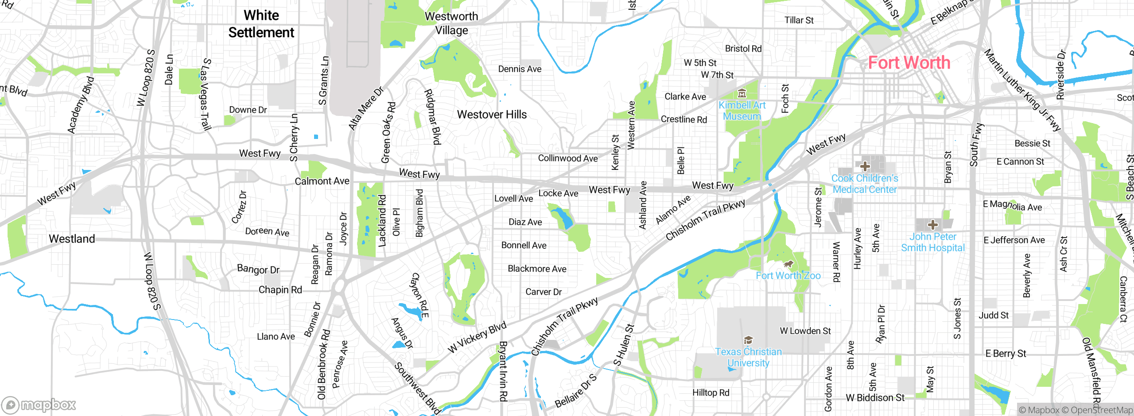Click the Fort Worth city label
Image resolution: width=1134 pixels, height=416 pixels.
(x=909, y=63)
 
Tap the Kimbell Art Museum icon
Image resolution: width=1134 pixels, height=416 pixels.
(x=742, y=93)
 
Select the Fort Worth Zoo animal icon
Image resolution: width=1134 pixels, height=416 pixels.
(x=788, y=264)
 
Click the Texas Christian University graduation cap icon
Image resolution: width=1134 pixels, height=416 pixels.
(x=748, y=340)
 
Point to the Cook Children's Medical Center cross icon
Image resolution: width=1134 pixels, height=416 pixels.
(x=865, y=166)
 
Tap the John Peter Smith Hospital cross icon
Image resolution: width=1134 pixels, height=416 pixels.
(x=932, y=225)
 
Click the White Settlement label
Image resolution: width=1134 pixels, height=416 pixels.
(x=261, y=24)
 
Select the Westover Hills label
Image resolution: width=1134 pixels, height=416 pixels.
(x=492, y=115)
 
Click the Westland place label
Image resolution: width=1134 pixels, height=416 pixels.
(x=72, y=239)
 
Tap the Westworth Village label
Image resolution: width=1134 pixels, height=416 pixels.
(x=451, y=23)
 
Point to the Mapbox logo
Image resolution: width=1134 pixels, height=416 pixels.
(x=39, y=404)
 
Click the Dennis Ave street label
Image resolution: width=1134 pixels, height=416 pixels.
(x=520, y=69)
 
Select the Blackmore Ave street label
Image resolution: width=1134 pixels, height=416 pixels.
(x=537, y=269)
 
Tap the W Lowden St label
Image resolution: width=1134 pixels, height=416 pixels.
(x=805, y=331)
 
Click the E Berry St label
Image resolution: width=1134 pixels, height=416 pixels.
(x=1006, y=354)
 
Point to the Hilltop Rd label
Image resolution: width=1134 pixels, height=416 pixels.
(x=711, y=393)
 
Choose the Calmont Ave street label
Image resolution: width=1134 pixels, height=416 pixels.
(x=322, y=181)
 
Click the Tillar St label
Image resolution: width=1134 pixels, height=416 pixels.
(x=799, y=20)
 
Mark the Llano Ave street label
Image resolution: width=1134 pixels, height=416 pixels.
(x=276, y=337)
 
